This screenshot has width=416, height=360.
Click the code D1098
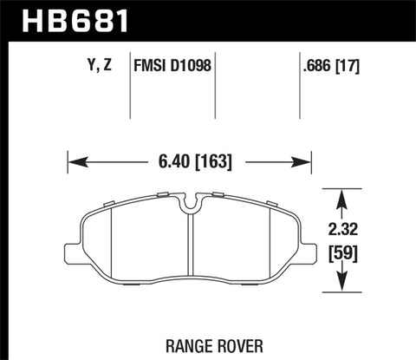tap(193, 64)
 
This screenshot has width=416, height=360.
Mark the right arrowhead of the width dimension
tap(305, 161)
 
